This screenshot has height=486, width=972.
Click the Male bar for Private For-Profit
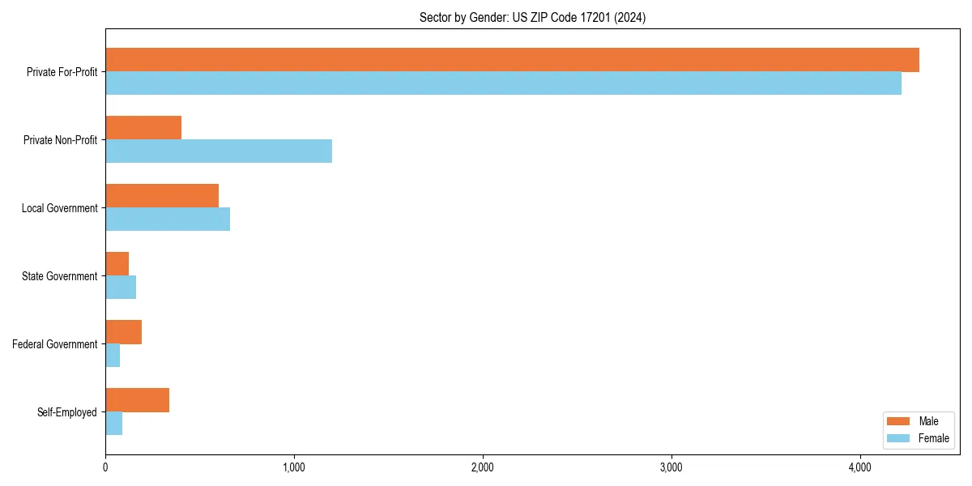pos(512,60)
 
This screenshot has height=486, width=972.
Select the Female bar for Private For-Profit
pos(503,83)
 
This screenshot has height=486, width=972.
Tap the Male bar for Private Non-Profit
pos(143,128)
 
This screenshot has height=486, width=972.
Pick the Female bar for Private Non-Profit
pos(219,151)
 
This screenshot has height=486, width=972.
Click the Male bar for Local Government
pos(162,196)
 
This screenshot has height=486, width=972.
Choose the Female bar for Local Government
pos(168,220)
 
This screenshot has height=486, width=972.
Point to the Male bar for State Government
pos(117,264)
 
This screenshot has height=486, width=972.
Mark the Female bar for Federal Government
pos(113,356)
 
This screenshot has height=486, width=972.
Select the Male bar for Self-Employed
pos(138,400)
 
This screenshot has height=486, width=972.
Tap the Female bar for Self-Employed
pos(114,424)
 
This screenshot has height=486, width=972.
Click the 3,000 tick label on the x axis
pos(671,467)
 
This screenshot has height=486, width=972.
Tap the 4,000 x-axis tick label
pos(860,467)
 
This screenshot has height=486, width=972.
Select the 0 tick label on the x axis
pos(105,467)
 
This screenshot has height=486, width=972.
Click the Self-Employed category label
pos(67,412)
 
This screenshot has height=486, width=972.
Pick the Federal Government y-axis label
pos(55,344)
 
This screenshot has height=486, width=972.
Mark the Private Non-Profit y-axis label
pos(60,140)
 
